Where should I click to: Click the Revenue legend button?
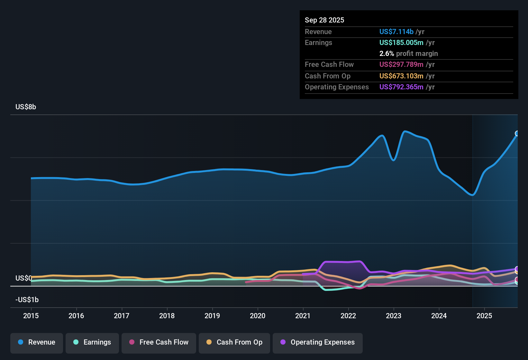click(x=37, y=342)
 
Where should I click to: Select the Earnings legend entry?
click(x=92, y=342)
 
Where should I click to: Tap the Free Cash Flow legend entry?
click(x=159, y=342)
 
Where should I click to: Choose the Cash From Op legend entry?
click(x=234, y=342)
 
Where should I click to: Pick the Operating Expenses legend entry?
click(x=318, y=342)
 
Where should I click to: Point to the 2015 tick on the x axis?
click(x=31, y=316)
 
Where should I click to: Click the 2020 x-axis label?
click(x=258, y=316)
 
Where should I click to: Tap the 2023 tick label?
click(x=394, y=316)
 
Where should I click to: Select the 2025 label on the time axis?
click(x=484, y=316)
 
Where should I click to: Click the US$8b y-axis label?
click(x=26, y=107)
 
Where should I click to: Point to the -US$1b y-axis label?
click(x=27, y=300)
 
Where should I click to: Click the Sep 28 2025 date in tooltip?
click(x=324, y=20)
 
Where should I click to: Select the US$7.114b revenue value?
click(x=396, y=32)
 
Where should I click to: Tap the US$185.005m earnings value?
click(x=401, y=43)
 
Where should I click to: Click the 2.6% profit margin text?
click(x=408, y=54)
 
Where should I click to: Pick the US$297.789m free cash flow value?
click(x=401, y=65)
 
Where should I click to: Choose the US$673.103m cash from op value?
click(x=401, y=76)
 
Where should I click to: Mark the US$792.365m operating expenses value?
click(x=401, y=87)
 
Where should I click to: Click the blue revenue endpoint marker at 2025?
click(x=517, y=133)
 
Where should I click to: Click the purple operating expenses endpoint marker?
click(x=517, y=269)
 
